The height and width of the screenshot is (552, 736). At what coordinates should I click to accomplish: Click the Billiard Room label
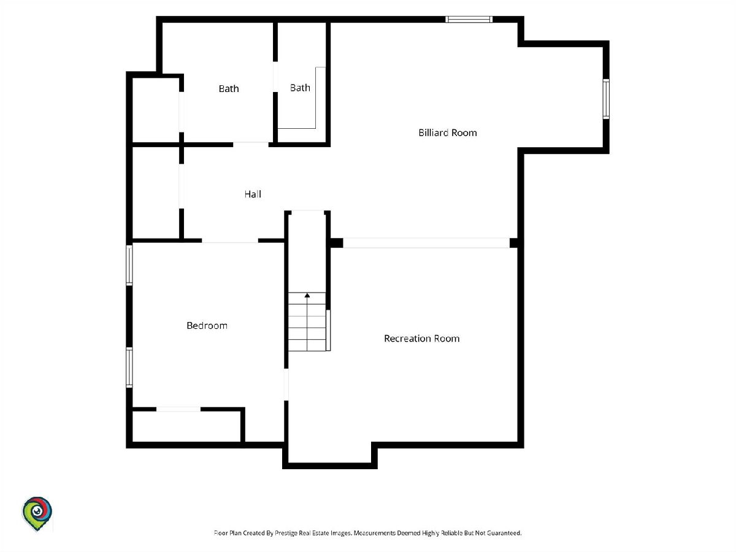pos(448,132)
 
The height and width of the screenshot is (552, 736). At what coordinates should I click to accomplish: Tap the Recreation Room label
pos(422,339)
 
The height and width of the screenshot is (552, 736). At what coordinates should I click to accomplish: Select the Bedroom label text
pos(207,326)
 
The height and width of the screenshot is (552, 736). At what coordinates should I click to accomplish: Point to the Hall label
pos(253,194)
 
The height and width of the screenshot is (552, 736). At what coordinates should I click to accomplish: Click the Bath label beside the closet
pos(229,89)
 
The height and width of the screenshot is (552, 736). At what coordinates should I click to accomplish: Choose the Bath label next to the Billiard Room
pos(300,88)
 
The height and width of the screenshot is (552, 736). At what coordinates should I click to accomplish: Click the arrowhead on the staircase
pos(307,295)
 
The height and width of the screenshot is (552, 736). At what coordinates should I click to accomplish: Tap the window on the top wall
pos(469,20)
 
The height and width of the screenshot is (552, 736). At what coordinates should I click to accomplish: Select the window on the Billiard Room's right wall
pos(606,99)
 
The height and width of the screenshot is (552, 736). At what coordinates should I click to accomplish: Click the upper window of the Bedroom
pos(129,265)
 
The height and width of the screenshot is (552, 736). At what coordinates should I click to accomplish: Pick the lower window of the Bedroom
pos(129,367)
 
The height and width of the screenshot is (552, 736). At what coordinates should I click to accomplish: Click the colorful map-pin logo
pos(37,514)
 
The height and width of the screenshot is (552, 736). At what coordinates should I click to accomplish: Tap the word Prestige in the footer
pos(285,533)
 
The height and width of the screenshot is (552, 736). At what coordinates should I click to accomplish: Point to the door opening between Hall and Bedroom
pos(230,240)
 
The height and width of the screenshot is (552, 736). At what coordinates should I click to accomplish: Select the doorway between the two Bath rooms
pos(275,77)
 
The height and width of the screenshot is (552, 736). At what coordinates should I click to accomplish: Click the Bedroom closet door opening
pos(178,409)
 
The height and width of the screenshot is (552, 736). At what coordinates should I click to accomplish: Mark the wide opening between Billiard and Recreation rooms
pos(426,243)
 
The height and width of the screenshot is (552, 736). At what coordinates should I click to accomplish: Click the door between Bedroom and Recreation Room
pos(286,385)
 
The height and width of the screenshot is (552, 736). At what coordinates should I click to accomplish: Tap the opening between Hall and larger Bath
pos(251,145)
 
